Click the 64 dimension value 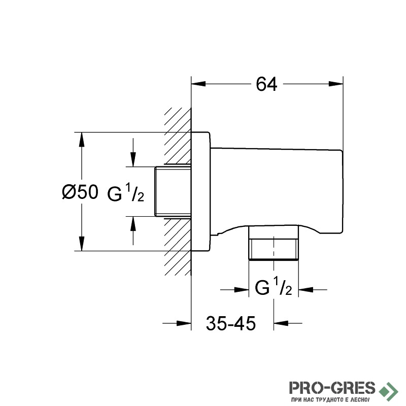[266, 84]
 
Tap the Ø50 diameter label [80, 192]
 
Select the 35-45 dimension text [231, 323]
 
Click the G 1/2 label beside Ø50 [125, 192]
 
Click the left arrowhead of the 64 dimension [198, 84]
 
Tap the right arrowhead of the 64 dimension [335, 84]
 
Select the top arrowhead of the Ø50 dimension [82, 140]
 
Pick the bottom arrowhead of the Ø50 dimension [82, 244]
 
